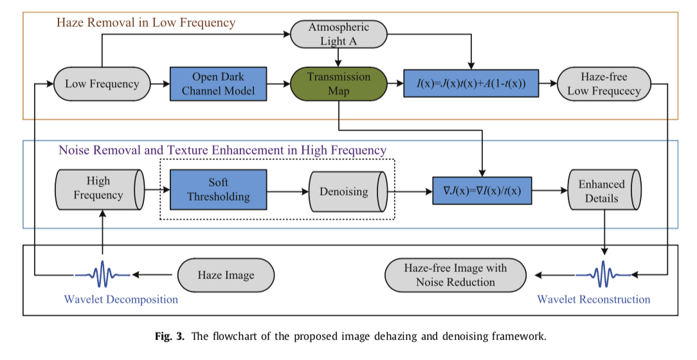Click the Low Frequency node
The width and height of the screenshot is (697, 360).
point(102,84)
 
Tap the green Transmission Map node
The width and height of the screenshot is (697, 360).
point(339,84)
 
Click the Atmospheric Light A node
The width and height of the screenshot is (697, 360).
point(339,34)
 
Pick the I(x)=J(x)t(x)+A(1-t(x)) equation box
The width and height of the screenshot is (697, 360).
point(471,84)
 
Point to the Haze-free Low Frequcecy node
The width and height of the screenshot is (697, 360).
point(604,84)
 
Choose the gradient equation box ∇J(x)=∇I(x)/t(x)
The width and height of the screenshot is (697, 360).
point(482,190)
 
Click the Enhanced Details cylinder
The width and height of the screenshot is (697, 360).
point(605,191)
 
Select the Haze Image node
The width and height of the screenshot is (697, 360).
point(225,275)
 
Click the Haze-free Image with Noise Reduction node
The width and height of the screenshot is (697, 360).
point(455,275)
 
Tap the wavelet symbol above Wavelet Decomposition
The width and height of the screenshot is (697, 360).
point(102,275)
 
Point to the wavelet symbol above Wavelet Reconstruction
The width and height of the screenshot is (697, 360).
point(603,275)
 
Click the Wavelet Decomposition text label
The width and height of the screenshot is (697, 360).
point(121,300)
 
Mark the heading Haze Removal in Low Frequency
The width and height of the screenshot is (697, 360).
point(146,23)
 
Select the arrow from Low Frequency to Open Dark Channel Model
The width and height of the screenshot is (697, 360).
point(159,84)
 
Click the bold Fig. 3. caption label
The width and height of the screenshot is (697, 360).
point(170,336)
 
